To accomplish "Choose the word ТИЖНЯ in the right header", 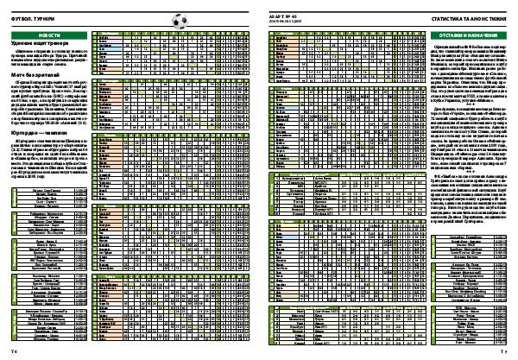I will (x=497, y=17).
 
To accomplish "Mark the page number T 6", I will (x=16, y=352).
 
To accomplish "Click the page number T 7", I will (x=502, y=352).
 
